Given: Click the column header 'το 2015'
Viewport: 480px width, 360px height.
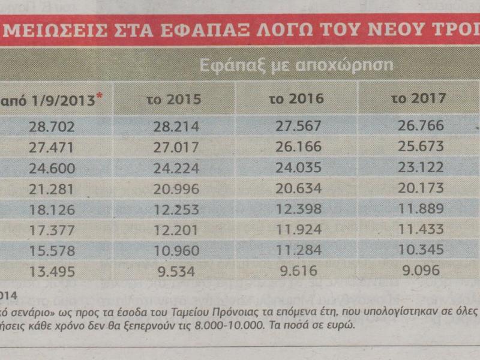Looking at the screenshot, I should click(174, 99).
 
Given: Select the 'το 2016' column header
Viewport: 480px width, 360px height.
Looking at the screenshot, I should click(296, 98).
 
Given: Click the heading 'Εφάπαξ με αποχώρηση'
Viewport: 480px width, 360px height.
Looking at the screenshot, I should click(296, 65).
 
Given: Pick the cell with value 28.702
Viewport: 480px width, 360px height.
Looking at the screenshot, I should click(50, 127).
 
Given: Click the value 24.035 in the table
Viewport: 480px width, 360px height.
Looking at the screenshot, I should click(298, 168).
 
